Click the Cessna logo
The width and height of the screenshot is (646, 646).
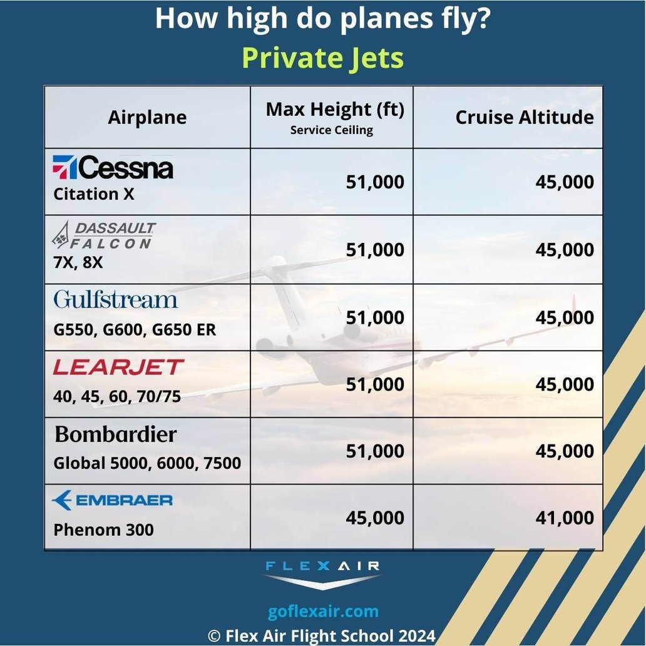(x=113, y=168)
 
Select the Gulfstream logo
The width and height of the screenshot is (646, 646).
(x=116, y=299)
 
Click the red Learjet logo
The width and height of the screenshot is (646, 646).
(x=118, y=367)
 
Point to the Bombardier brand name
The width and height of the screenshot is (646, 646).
(x=116, y=434)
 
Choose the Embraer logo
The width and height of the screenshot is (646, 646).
(x=113, y=500)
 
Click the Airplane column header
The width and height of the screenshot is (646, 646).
(x=147, y=118)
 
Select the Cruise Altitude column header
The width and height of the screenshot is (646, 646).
(x=525, y=117)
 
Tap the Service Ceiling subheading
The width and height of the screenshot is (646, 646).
(x=332, y=131)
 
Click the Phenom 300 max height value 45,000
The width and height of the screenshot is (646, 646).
(x=375, y=518)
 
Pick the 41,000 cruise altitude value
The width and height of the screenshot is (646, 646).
(x=565, y=518)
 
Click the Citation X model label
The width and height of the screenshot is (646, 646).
(x=94, y=194)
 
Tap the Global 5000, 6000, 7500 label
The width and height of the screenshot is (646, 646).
(x=147, y=463)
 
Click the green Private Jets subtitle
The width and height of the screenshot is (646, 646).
(x=323, y=58)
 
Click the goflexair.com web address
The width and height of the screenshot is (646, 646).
(x=323, y=611)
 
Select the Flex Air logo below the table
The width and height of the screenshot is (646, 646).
(x=322, y=573)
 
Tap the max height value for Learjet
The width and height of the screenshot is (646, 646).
(x=375, y=384)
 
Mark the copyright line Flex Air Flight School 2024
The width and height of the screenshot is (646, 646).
(x=322, y=635)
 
